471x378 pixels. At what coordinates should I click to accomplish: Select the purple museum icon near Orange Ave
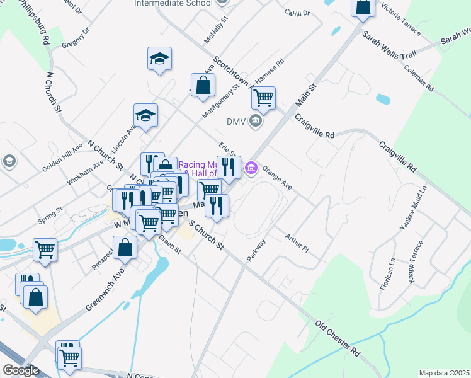251,167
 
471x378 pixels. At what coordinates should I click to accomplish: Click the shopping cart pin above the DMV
263,98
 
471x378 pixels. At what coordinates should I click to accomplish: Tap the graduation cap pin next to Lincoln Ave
145,115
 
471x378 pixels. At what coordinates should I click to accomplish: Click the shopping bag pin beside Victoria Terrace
363,8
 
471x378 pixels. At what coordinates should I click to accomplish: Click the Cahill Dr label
298,13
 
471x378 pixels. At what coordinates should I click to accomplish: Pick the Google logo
21,370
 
